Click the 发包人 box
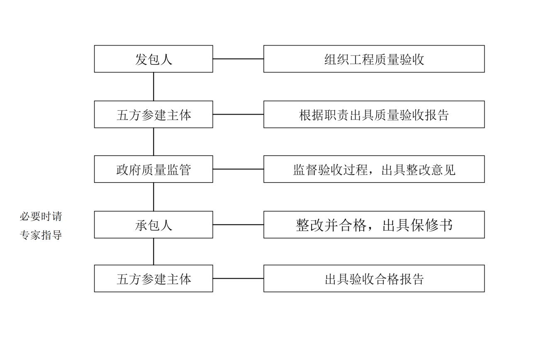click(x=153, y=59)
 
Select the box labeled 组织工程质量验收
click(x=374, y=59)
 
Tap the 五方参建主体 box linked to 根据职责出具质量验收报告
click(x=153, y=114)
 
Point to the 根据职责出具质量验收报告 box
click(x=374, y=114)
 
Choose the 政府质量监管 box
click(x=153, y=169)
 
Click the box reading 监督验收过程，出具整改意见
click(x=374, y=169)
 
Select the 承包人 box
click(x=153, y=224)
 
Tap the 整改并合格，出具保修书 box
click(x=374, y=224)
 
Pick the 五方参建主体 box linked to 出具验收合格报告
click(x=153, y=278)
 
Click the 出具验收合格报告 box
click(x=374, y=278)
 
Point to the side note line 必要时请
click(x=41, y=216)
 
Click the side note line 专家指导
click(x=41, y=235)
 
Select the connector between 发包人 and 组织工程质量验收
click(x=238, y=59)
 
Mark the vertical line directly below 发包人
click(x=153, y=86)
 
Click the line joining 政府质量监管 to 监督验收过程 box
click(x=238, y=169)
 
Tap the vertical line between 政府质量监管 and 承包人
click(x=153, y=197)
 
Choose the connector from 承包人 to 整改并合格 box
click(x=238, y=224)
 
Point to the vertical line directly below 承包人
click(x=153, y=251)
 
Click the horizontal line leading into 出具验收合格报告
click(x=238, y=278)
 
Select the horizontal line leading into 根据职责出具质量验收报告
click(x=238, y=114)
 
